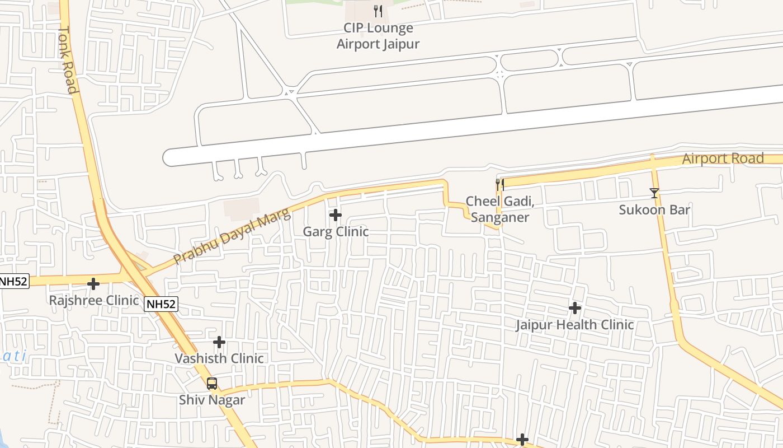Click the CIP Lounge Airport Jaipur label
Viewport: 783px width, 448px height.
click(x=378, y=36)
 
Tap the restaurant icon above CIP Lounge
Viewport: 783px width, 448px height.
click(x=378, y=11)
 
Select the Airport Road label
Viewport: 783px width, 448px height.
click(x=723, y=158)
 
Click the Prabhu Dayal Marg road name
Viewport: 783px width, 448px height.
click(x=232, y=236)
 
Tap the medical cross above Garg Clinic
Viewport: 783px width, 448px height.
click(x=336, y=215)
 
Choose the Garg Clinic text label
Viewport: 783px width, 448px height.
click(x=336, y=231)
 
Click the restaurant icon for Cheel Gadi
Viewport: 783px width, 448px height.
click(x=500, y=184)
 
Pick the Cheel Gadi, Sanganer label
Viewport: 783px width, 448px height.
click(x=497, y=209)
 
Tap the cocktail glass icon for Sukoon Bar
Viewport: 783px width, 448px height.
click(x=654, y=193)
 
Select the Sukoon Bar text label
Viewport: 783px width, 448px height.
click(x=654, y=210)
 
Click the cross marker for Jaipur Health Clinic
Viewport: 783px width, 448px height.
click(x=575, y=308)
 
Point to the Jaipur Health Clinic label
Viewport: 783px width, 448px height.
click(x=575, y=325)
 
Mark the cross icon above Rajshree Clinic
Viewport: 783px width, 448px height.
click(x=93, y=284)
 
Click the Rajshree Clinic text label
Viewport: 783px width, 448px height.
click(x=94, y=300)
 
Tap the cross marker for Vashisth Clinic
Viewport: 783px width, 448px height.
click(x=219, y=342)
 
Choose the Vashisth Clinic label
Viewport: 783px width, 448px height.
click(x=219, y=358)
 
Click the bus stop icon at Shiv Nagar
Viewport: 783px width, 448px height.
click(x=212, y=384)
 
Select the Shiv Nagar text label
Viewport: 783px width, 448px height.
click(x=212, y=400)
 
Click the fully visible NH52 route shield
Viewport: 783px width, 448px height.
click(x=161, y=304)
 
